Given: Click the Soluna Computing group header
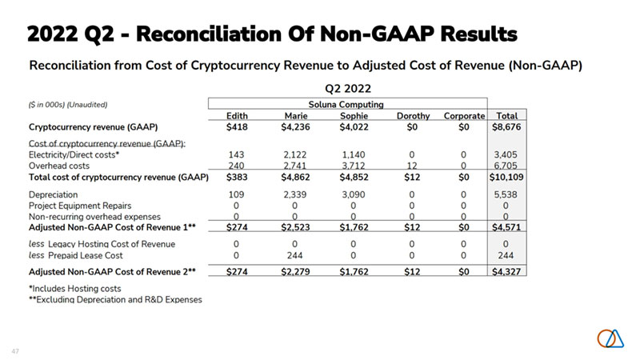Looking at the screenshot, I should click(346, 104).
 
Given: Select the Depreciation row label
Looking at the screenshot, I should click(53, 194).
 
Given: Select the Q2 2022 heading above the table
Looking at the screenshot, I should click(346, 89).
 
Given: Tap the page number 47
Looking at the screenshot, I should click(15, 350).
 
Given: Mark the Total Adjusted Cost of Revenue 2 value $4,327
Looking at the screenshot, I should click(507, 271).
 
